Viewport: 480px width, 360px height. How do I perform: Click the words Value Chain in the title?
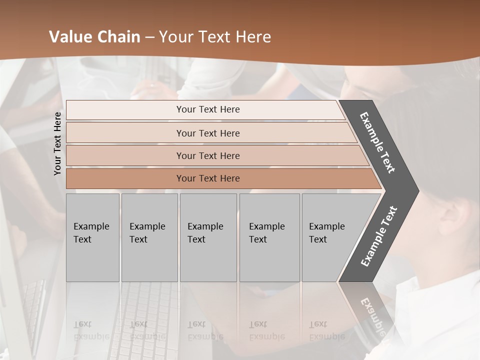tap(94, 37)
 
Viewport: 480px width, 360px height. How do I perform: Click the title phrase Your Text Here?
tap(215, 37)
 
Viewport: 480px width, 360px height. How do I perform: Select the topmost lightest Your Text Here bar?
tap(207, 109)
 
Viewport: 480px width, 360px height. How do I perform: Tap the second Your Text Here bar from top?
tap(207, 133)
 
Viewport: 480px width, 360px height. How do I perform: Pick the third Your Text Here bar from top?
tap(207, 155)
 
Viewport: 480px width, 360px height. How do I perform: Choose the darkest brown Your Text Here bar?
tap(207, 178)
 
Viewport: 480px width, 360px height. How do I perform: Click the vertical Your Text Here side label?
tap(57, 143)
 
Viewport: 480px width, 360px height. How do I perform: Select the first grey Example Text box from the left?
tap(92, 237)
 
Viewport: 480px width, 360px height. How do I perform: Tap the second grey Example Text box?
tap(149, 237)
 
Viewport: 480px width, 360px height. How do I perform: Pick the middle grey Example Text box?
tap(208, 237)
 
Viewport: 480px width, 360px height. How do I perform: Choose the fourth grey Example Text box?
tap(269, 237)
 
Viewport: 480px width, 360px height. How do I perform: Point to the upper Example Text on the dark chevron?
tap(377, 142)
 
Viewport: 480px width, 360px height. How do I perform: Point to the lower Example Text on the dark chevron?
tap(379, 236)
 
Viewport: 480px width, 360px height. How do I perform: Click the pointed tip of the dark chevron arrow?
tap(417, 190)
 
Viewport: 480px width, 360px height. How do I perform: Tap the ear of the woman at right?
tap(452, 220)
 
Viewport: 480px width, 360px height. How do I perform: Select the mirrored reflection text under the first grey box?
tap(91, 330)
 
